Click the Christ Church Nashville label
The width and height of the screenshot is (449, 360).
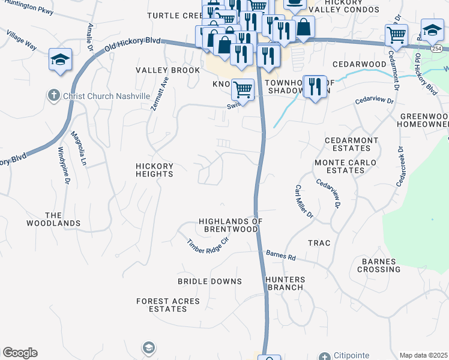click(105, 96)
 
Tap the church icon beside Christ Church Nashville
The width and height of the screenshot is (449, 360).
click(53, 95)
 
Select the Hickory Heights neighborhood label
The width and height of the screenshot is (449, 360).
click(154, 170)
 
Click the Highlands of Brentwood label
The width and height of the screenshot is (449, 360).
click(231, 225)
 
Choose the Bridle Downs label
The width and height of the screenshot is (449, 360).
click(209, 281)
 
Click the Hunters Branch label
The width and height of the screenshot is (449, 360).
click(285, 283)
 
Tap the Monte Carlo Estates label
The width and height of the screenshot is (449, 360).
click(345, 166)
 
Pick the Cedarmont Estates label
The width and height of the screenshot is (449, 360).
click(352, 144)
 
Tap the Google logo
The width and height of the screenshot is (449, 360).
click(20, 353)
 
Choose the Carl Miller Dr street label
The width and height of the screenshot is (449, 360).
click(304, 202)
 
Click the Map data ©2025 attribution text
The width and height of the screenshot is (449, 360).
click(423, 355)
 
